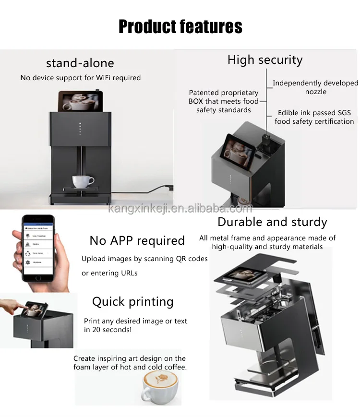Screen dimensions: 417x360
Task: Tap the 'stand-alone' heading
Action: point(80,63)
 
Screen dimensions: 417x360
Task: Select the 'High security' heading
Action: point(265,60)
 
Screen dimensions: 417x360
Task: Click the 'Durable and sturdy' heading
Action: point(272,222)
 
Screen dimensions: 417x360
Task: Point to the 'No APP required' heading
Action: point(137,240)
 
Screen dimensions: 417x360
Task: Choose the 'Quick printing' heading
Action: point(132,301)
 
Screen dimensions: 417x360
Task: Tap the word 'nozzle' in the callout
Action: point(315,92)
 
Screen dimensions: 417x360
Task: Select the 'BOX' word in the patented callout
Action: point(198,101)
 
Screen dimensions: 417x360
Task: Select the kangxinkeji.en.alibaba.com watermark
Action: point(180,208)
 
